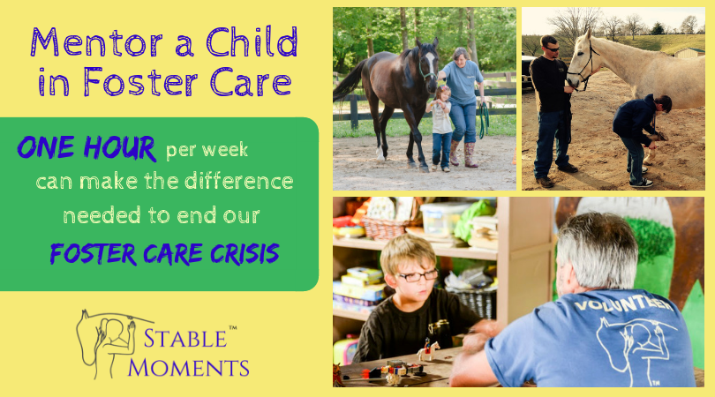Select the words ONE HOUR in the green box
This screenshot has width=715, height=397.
pos(87,147)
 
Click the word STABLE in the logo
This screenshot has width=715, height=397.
pos(185,338)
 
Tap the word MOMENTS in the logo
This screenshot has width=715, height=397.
pos(188,366)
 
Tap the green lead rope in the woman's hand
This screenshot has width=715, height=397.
pos(484,119)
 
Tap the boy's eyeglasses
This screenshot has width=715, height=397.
pos(418,275)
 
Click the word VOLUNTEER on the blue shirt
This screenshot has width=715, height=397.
pos(623,304)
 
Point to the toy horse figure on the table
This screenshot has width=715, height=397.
pos(428,351)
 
